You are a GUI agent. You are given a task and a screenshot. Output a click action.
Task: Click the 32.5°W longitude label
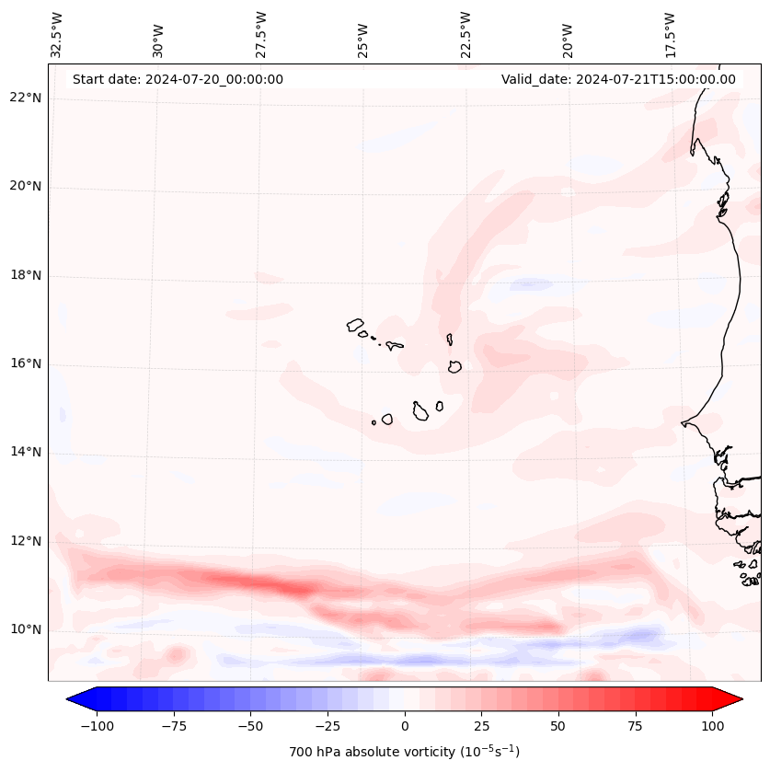[x=57, y=34]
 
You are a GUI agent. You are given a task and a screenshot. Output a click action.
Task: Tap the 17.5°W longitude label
[x=670, y=34]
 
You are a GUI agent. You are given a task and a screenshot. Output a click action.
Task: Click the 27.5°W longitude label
[x=261, y=34]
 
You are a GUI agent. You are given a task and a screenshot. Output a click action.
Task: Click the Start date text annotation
[x=178, y=79]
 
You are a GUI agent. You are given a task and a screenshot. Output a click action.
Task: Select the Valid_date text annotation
[x=618, y=79]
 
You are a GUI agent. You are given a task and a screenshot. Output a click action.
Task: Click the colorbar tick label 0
[x=405, y=726]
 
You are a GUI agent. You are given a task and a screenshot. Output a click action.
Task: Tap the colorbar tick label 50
[x=557, y=726]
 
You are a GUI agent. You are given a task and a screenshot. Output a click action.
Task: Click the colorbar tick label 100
[x=713, y=726]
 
